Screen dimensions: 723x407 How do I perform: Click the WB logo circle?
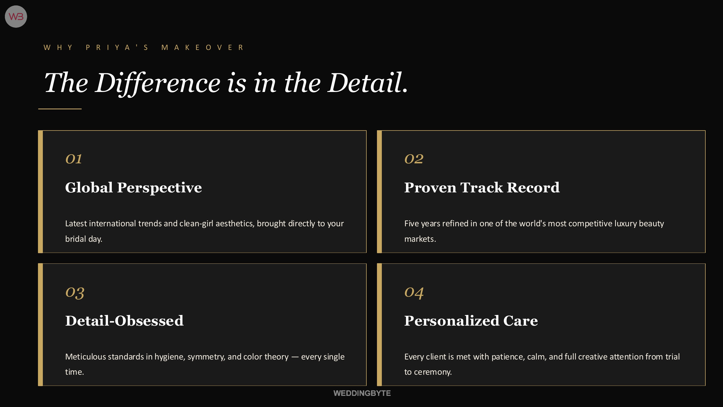point(16,17)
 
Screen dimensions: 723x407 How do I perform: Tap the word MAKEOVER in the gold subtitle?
point(203,47)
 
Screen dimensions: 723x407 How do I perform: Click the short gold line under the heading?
point(60,109)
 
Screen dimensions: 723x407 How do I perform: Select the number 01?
point(73,159)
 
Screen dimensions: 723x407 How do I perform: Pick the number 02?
point(414,159)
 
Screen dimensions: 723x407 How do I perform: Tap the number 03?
point(75,293)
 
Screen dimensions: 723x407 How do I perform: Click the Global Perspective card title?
point(133,188)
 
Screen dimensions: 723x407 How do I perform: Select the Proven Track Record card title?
point(482,188)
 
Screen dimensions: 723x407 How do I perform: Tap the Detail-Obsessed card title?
point(124,321)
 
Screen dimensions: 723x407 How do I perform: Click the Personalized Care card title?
point(471,321)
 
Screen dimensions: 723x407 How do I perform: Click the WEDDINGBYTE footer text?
point(362,393)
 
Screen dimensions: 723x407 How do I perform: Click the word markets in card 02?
point(419,239)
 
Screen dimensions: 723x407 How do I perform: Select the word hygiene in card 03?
point(169,357)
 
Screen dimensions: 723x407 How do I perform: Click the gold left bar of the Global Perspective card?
point(40,192)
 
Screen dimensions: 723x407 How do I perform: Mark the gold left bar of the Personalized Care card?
point(379,325)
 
